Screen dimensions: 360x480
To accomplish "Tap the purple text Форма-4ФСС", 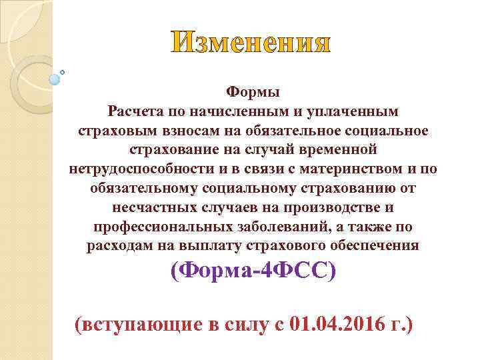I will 253,271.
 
